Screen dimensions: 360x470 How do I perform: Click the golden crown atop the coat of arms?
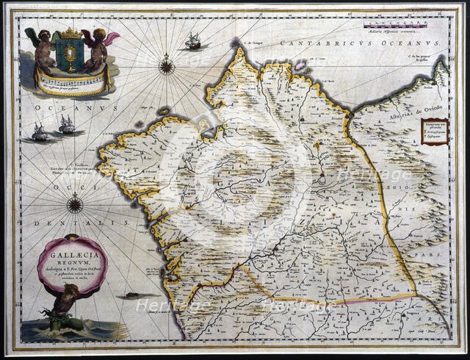coord(70,34)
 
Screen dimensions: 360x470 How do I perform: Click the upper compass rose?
coord(167,67)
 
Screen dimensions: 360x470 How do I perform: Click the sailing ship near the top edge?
coord(193,42)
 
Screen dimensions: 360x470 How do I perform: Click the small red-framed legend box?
coord(434,133)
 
